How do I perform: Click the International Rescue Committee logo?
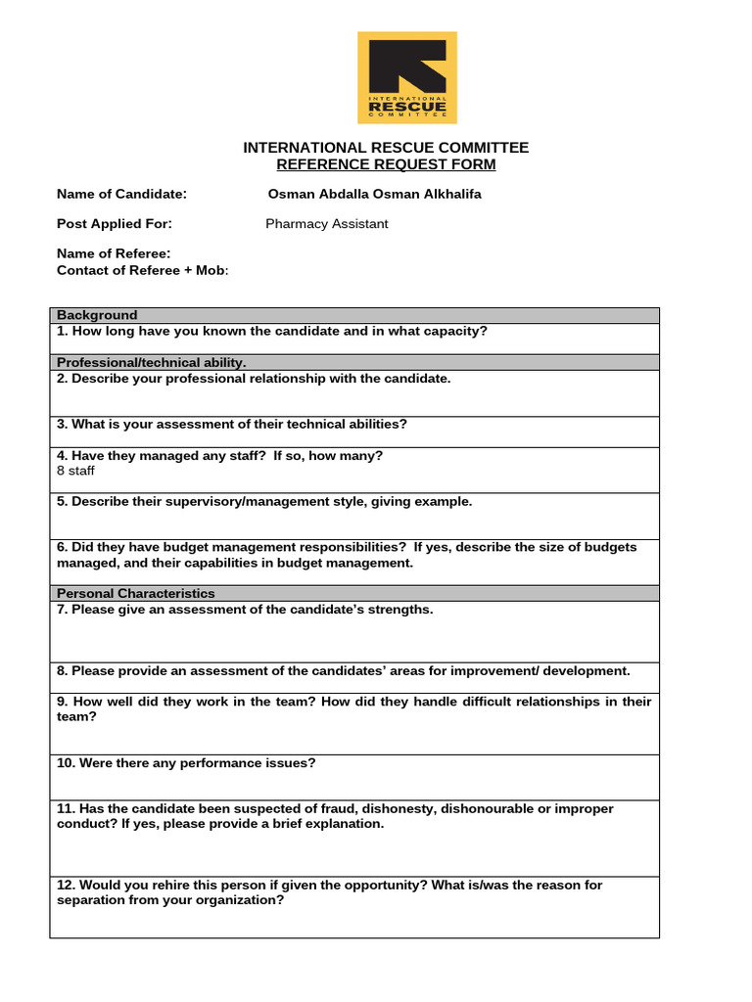406,77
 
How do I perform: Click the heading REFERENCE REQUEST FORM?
386,164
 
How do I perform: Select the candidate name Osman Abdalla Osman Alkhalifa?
374,194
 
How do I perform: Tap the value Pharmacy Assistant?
326,224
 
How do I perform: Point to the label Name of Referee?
114,254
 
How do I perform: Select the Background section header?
97,315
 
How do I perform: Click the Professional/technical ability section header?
152,362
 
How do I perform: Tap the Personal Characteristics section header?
136,594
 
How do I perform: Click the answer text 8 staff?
76,471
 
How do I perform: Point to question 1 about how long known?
272,331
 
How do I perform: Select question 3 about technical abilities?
232,424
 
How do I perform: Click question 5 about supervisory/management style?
264,501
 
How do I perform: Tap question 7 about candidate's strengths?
245,610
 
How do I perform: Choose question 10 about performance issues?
186,763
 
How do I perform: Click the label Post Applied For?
115,224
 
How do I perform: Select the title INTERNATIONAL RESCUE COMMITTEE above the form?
386,148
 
